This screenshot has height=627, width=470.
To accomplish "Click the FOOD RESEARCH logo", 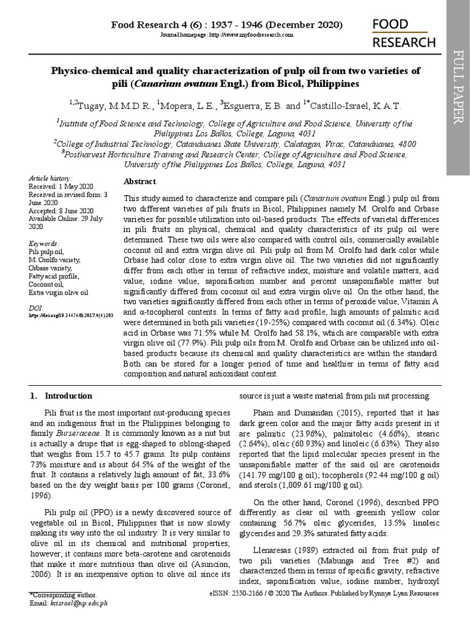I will [405, 33].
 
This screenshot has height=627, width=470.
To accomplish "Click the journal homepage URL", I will [226, 36].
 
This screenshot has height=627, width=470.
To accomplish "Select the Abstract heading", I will [140, 182].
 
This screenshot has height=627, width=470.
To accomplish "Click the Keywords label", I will [44, 243].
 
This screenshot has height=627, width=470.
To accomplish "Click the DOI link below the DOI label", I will [71, 314].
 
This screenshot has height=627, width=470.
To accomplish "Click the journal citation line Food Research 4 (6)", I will [226, 25].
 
